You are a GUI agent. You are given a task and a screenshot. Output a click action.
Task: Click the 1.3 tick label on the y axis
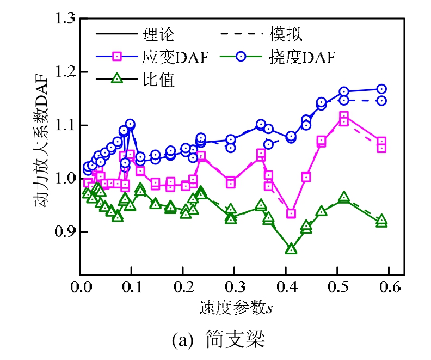[64, 20]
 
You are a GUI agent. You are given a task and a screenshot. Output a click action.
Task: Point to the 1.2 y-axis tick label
[64, 72]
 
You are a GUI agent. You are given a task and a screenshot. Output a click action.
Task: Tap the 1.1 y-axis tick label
[64, 126]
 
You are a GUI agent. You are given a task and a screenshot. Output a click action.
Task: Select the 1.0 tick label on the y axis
[64, 179]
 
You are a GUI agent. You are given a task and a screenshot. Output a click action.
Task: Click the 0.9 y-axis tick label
[64, 232]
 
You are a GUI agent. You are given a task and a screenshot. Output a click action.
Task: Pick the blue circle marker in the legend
[242, 57]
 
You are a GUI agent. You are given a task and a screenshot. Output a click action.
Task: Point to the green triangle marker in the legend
[116, 80]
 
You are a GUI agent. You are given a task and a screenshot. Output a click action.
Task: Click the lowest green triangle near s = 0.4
[291, 249]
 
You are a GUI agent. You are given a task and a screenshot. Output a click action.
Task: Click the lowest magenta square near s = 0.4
[291, 213]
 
